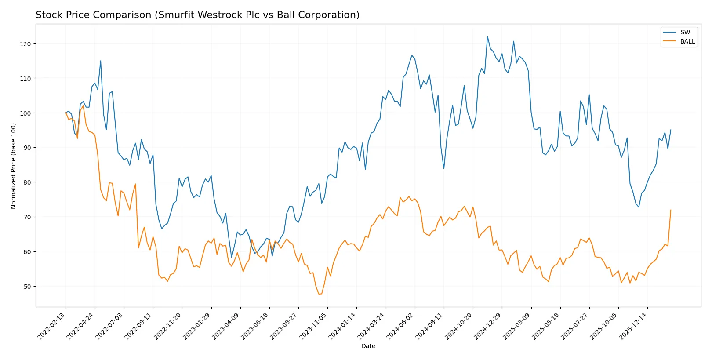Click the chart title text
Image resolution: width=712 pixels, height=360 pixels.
click(197, 15)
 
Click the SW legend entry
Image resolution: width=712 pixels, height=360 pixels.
click(685, 32)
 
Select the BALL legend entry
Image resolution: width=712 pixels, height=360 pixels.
click(687, 41)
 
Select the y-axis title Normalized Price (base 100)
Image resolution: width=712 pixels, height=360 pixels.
click(14, 166)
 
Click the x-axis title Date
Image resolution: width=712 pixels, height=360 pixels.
click(368, 346)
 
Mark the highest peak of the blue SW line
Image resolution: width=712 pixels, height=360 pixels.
click(487, 36)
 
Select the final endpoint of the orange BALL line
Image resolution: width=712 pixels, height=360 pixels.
click(671, 210)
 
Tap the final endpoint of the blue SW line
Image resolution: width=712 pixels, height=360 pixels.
click(671, 130)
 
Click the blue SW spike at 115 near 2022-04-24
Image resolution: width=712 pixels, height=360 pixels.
click(101, 61)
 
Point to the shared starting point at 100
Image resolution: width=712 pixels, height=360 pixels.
click(66, 113)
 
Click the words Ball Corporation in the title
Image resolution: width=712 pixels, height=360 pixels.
click(326, 15)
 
